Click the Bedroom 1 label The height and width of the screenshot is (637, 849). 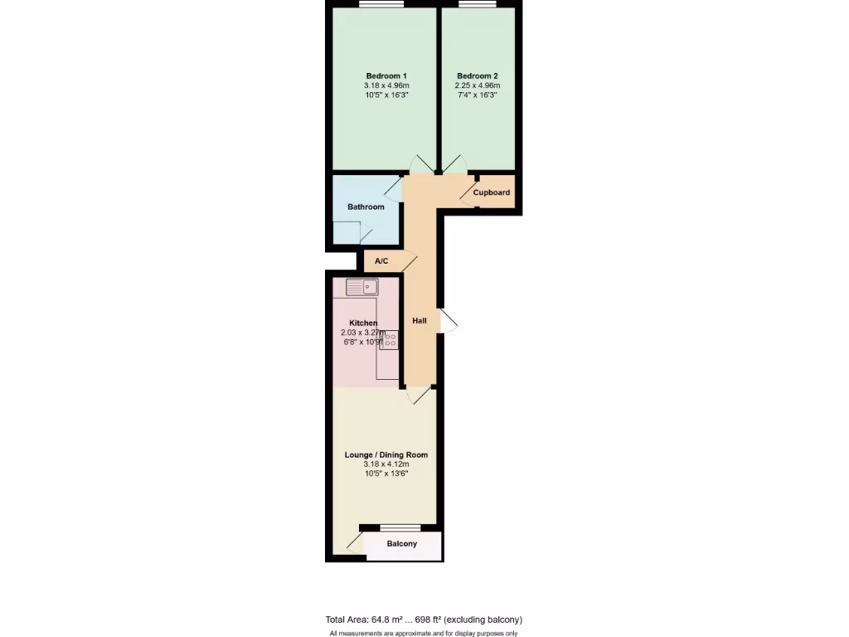coord(386,75)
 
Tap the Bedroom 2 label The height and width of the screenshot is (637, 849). coord(477,75)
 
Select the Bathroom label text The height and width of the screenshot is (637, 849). coord(366,207)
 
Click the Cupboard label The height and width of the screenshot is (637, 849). coord(492,192)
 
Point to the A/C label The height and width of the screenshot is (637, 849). coord(381,261)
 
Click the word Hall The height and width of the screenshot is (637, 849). coord(420,320)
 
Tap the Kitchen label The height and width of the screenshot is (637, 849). coord(363,323)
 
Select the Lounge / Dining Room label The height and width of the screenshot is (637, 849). coord(386,455)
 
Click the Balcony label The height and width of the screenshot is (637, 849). coord(402,544)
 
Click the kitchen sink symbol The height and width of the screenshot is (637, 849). coord(362,288)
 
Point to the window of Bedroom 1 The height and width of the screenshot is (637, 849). coord(381,5)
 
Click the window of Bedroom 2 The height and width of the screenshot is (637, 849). coord(477,5)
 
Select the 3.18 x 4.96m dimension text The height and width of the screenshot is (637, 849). coord(386,85)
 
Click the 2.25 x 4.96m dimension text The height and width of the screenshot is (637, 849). coord(477,85)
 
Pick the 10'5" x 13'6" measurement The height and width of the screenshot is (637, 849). coord(386,474)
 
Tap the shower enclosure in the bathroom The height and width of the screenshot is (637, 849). coord(347,232)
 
